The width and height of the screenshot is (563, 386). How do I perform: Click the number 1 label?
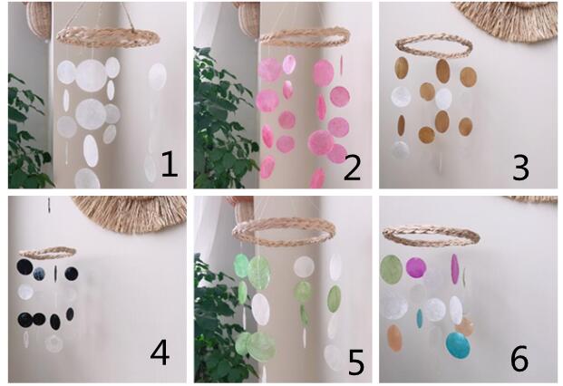[x=170, y=164]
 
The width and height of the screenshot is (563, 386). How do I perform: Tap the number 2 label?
[x=353, y=166]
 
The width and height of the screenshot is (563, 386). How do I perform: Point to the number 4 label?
[x=160, y=352]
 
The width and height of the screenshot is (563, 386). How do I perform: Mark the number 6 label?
[x=519, y=358]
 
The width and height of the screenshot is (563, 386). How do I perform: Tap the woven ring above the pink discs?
[x=306, y=36]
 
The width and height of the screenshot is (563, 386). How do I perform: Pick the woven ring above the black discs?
[x=47, y=256]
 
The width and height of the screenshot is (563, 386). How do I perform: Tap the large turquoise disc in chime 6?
[x=458, y=345]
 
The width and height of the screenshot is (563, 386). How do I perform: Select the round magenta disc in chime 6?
[x=416, y=267]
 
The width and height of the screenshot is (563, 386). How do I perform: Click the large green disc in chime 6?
[x=392, y=270]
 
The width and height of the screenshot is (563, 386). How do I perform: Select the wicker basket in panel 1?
[x=39, y=19]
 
